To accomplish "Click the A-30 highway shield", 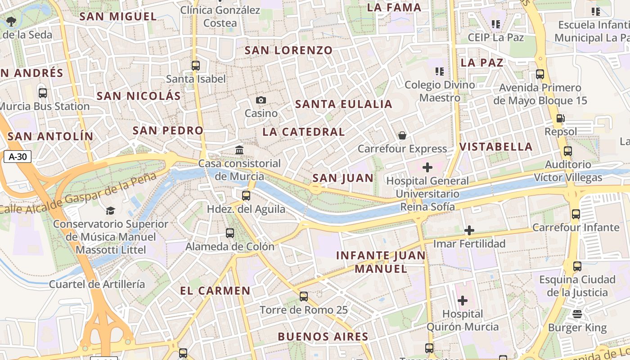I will click(x=18, y=157).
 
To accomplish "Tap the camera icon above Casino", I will click(x=261, y=100).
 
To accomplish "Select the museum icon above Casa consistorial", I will click(x=239, y=150).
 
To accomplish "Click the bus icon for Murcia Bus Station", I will click(x=43, y=93).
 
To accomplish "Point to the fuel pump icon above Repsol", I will click(x=561, y=118).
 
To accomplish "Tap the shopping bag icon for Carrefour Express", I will click(x=402, y=135).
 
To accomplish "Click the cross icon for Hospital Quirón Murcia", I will click(x=463, y=301).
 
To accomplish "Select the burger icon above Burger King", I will click(x=577, y=314).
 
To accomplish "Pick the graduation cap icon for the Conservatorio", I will click(x=110, y=210).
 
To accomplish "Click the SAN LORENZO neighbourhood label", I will click(x=288, y=50).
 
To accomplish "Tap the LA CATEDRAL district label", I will click(x=304, y=132).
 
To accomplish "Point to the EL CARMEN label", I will click(x=215, y=291).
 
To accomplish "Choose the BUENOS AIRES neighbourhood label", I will click(x=323, y=337).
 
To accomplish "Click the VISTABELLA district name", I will click(x=496, y=147).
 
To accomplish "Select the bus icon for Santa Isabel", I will click(x=196, y=65).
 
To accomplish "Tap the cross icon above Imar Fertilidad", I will click(x=469, y=230).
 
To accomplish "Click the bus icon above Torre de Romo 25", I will click(x=304, y=297).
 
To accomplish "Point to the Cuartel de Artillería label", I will click(x=97, y=284).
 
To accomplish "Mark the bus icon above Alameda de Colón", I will click(x=230, y=233).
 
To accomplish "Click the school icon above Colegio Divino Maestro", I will click(x=440, y=71).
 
